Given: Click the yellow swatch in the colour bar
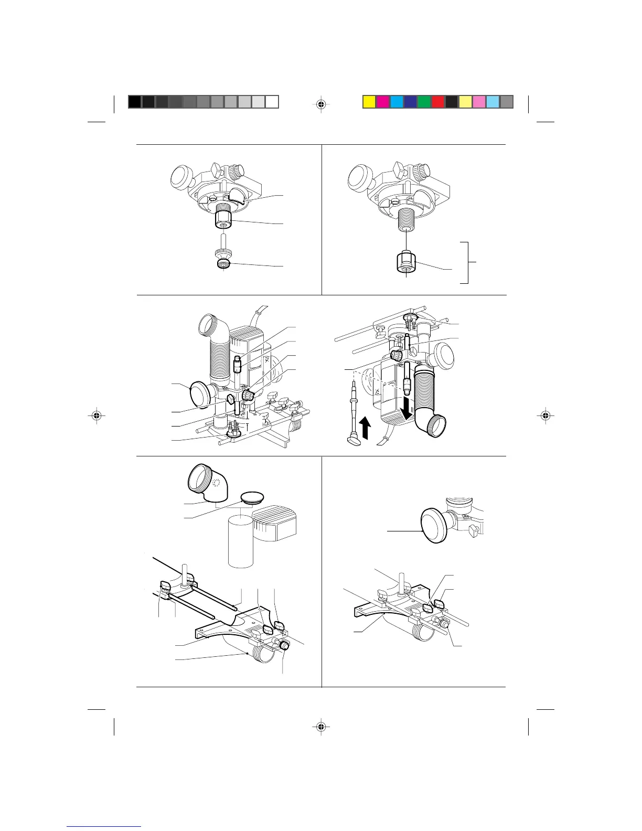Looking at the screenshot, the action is pyautogui.click(x=369, y=102).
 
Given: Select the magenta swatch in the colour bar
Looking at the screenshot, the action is pyautogui.click(x=383, y=102).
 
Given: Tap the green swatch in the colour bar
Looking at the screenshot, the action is pyautogui.click(x=424, y=102).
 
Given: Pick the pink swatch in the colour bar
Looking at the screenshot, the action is pyautogui.click(x=479, y=102).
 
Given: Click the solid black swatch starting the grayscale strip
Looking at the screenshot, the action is pyautogui.click(x=135, y=102).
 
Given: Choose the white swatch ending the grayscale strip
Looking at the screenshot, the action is pyautogui.click(x=272, y=102).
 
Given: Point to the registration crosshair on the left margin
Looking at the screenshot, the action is pyautogui.click(x=95, y=415).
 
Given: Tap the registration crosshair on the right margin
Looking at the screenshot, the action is pyautogui.click(x=546, y=415).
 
